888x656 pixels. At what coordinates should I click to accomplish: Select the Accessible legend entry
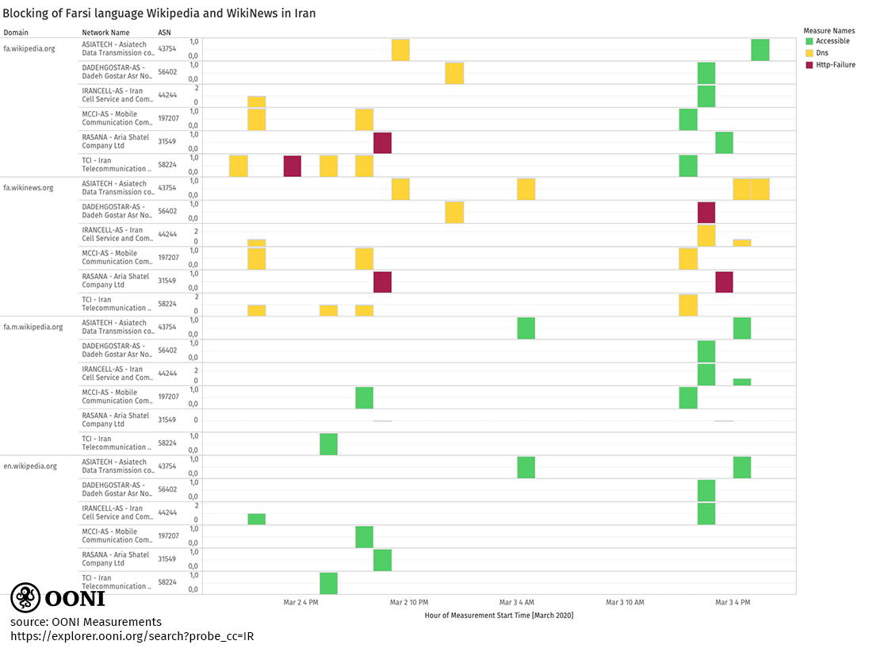[832, 41]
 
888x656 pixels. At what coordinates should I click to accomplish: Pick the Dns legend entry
[821, 53]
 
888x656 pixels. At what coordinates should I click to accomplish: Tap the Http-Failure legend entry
[835, 65]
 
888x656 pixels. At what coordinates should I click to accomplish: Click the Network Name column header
[105, 33]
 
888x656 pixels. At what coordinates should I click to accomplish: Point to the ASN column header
[165, 33]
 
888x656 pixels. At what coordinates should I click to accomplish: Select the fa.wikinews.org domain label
[29, 188]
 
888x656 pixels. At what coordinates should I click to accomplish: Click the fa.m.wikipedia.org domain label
[33, 327]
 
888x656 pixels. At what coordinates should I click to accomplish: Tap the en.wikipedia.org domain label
[30, 466]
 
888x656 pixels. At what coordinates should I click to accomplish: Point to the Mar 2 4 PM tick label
[300, 603]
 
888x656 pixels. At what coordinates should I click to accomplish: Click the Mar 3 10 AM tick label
[625, 603]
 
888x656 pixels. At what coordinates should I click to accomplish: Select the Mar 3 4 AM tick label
[516, 603]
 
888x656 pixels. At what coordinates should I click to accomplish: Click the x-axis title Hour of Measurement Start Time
[499, 616]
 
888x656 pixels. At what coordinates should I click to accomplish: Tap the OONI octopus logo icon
[25, 597]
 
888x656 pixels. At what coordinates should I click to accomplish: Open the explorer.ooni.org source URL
[132, 636]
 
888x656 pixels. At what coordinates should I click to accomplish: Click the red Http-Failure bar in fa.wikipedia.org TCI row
[292, 166]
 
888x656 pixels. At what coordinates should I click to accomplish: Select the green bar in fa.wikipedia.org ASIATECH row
[760, 50]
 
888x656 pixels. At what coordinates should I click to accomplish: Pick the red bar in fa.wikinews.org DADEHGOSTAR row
[706, 213]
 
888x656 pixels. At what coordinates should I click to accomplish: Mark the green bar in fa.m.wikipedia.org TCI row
[328, 444]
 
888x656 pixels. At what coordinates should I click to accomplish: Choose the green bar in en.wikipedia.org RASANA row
[382, 560]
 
